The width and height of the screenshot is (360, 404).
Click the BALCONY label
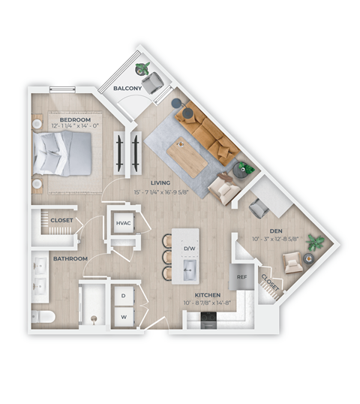(128, 89)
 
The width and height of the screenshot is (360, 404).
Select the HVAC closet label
(122, 223)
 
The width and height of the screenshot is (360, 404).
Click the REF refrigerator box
(241, 276)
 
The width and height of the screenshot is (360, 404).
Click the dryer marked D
(123, 297)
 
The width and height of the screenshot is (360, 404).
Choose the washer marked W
(123, 318)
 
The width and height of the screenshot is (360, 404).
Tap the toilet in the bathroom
(44, 315)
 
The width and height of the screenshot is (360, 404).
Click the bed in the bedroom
(63, 154)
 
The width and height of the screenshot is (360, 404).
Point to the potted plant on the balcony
(142, 69)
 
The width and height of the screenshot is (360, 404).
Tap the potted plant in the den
(316, 243)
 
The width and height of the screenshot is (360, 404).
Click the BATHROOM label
(70, 259)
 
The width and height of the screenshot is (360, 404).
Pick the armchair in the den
(292, 262)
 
